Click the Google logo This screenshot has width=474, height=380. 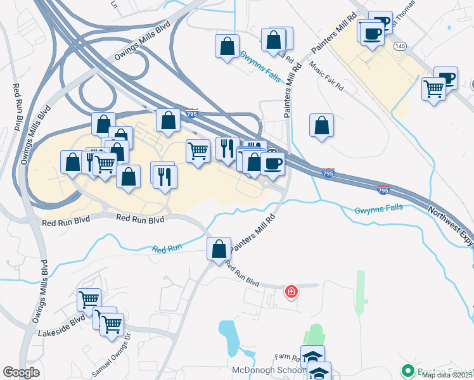tap(22, 372)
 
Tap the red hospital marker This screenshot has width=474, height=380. tap(291, 291)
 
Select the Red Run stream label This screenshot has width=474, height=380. tap(167, 249)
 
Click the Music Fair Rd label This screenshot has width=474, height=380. tap(326, 75)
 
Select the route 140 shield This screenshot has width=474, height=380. tap(399, 46)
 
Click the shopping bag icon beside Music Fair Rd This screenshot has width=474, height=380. tap(321, 125)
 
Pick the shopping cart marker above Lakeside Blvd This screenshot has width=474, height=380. tap(89, 299)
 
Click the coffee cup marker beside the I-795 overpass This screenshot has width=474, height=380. tap(272, 164)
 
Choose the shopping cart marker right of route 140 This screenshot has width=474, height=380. tap(434, 89)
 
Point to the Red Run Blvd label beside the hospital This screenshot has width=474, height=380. tap(243, 276)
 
